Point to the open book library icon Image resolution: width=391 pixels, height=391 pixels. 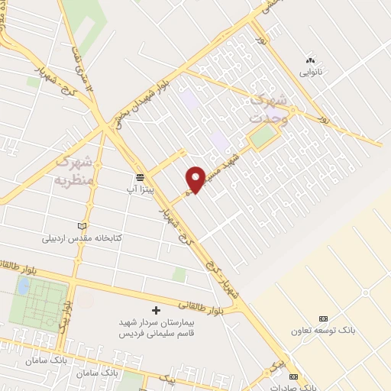tap(83, 226)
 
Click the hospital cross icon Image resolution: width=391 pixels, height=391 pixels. tap(157, 310)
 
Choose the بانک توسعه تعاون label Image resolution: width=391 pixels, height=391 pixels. tap(323, 330)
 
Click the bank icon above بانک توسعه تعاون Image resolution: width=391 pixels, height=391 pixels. tap(323, 318)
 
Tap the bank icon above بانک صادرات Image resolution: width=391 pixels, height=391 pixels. tap(293, 376)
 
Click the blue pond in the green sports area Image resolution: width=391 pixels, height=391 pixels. tap(23, 285)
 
